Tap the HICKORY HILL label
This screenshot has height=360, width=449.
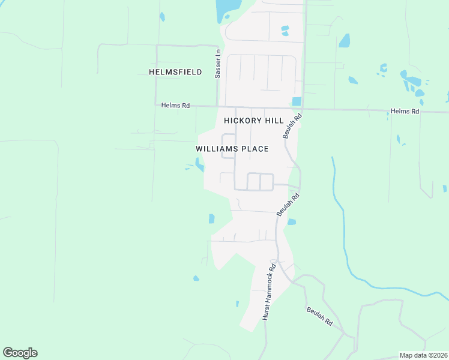coord(253,121)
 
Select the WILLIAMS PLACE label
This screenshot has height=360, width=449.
coord(232,149)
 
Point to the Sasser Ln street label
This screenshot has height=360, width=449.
coord(217,63)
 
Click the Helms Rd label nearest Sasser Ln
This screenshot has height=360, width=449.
coord(175,106)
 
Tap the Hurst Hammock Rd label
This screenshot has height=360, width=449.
coord(268,292)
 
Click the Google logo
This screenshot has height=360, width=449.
coord(20,353)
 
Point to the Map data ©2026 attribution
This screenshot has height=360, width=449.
coord(423,355)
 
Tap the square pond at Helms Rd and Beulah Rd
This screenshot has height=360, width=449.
coord(296,101)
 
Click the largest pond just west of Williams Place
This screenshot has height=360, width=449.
coord(199,164)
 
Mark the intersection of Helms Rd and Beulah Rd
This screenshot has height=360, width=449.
coord(302,109)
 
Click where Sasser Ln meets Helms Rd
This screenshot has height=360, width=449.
coord(217,106)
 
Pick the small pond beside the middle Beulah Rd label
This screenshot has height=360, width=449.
coord(292,222)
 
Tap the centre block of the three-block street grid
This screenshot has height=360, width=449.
coord(253,181)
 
